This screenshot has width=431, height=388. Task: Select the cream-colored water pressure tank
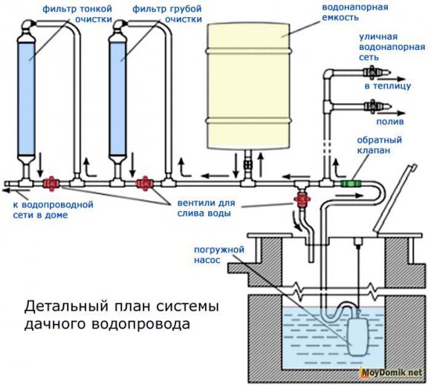(244, 85)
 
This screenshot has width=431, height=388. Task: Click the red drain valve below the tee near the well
(302, 199)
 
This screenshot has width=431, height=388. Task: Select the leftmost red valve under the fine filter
(51, 182)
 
